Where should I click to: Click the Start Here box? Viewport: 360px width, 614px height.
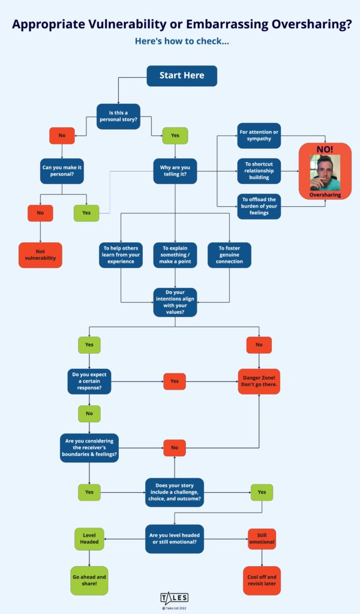coord(182,76)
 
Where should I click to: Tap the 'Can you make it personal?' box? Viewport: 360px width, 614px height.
coord(62,171)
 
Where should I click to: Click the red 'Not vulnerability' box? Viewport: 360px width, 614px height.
coord(40,255)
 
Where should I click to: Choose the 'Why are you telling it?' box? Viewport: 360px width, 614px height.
coord(175,171)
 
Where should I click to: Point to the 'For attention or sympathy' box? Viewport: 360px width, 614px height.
coord(259,135)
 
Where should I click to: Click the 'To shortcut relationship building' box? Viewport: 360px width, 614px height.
coord(259,171)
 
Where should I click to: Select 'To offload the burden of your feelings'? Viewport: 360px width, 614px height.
coord(259,207)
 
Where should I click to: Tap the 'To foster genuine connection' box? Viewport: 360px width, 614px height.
coord(229,255)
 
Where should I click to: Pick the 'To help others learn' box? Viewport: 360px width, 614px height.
coord(121,255)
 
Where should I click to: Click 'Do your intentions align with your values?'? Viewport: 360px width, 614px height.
coord(175,302)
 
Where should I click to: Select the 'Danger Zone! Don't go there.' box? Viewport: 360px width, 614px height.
coord(259,381)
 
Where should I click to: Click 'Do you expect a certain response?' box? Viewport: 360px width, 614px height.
coord(89,381)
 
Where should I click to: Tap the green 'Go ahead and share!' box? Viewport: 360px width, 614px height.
coord(89,580)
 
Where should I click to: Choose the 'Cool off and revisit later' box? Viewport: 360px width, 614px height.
coord(262,580)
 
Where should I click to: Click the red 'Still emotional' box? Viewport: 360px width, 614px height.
coord(262,538)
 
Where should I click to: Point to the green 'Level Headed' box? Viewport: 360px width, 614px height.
coord(89,538)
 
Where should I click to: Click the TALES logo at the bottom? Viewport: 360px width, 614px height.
coord(174,597)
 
